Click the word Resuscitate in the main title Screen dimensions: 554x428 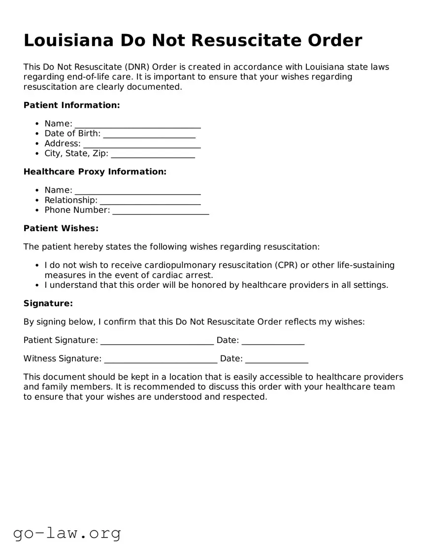pyautogui.click(x=243, y=40)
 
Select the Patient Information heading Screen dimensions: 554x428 pyautogui.click(x=71, y=105)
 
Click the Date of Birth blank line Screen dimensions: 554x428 pyautogui.click(x=149, y=134)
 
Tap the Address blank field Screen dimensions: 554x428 pyautogui.click(x=142, y=144)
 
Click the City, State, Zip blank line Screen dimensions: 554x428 pyautogui.click(x=153, y=154)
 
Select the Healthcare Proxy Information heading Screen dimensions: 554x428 pyautogui.click(x=95, y=172)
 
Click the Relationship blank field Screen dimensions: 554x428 pyautogui.click(x=150, y=201)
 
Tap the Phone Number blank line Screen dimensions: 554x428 pyautogui.click(x=161, y=210)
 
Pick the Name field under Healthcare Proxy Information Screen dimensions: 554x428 pyautogui.click(x=137, y=191)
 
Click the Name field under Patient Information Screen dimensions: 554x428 pyautogui.click(x=137, y=124)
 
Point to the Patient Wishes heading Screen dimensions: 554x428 pyautogui.click(x=61, y=228)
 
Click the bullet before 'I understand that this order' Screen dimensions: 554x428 pyautogui.click(x=37, y=285)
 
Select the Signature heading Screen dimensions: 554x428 pyautogui.click(x=48, y=304)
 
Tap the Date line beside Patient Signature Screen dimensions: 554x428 pyautogui.click(x=273, y=341)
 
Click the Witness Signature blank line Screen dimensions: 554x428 pyautogui.click(x=161, y=359)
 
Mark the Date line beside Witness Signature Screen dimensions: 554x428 pyautogui.click(x=276, y=359)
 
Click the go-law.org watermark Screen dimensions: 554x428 pyautogui.click(x=67, y=533)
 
